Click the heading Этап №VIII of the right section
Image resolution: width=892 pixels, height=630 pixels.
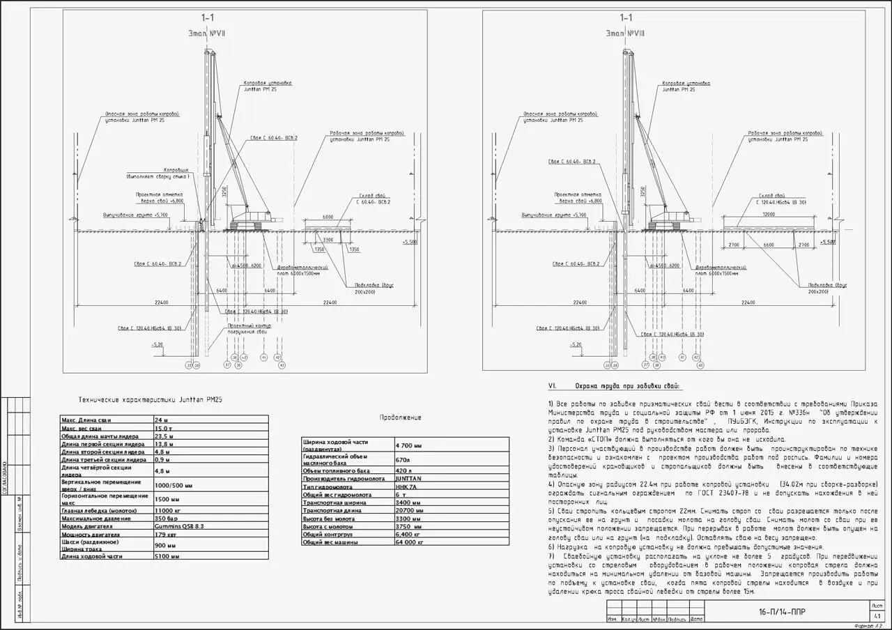point(625,33)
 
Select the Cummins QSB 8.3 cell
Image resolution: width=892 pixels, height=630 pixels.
point(180,527)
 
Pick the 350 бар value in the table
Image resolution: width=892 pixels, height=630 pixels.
point(167,518)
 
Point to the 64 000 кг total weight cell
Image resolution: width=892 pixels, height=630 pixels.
point(410,541)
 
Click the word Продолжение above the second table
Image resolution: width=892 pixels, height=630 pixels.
point(400,417)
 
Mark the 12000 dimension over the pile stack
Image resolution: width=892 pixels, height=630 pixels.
point(769,215)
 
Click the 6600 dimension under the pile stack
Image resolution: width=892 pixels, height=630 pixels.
point(769,245)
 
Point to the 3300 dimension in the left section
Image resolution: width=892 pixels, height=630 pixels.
point(328,240)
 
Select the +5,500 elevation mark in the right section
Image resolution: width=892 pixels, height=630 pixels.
point(827,242)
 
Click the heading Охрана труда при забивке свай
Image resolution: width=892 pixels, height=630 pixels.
point(628,386)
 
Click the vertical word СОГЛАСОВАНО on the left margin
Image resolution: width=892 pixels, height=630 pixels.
point(5,481)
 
